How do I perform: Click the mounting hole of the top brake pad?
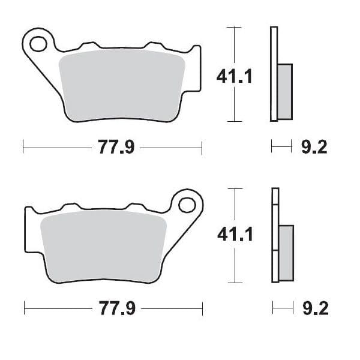point(38,44)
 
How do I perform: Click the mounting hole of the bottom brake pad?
point(187,204)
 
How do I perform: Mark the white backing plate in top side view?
point(274,72)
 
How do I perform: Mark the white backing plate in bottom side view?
point(275,234)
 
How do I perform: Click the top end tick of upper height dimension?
point(233,28)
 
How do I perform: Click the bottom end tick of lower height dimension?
point(233,282)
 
